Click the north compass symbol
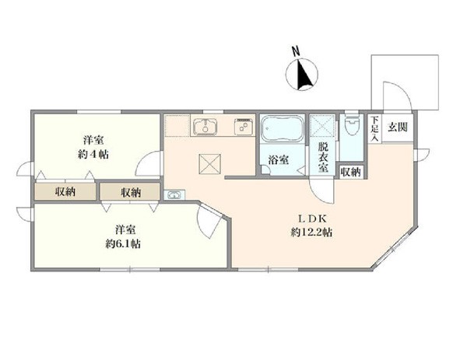[302, 73]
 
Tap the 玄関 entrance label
[397, 128]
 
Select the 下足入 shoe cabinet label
[374, 128]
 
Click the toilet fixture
[352, 126]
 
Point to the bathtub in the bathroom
[282, 129]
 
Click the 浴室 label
[278, 160]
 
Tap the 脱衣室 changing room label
[323, 157]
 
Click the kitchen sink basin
[205, 127]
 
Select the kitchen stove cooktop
[244, 127]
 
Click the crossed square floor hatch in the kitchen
[210, 163]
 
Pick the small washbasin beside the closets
[174, 195]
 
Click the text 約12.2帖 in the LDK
[311, 232]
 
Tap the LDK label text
[313, 218]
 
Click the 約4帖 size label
[93, 154]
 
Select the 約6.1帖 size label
[123, 244]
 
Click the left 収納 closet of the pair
[65, 192]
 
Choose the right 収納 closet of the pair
[130, 192]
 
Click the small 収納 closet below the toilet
[351, 172]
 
